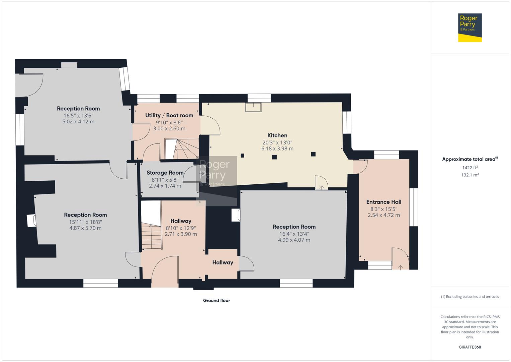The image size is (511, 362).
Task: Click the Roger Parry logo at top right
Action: click(x=470, y=27)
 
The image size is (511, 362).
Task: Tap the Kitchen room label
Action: click(x=277, y=135)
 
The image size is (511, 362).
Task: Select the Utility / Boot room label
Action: click(x=169, y=115)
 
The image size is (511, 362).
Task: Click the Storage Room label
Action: click(x=165, y=173)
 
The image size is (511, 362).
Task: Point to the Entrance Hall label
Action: click(x=384, y=202)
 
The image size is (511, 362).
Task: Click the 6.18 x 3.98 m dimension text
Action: click(x=277, y=148)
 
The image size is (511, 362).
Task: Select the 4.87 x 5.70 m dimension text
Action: click(x=85, y=228)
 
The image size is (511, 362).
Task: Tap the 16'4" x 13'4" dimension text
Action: click(x=294, y=234)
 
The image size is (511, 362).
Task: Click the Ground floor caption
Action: click(x=216, y=301)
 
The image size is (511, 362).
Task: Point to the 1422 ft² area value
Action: click(x=470, y=168)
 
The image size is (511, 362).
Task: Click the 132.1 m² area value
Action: click(x=470, y=175)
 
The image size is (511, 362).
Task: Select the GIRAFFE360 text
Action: click(x=470, y=347)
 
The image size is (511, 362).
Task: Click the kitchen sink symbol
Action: click(x=253, y=107)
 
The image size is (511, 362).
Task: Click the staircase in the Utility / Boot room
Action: click(x=182, y=149)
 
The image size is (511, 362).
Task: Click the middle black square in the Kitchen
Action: click(x=274, y=157)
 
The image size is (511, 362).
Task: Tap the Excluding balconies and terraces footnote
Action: click(x=470, y=297)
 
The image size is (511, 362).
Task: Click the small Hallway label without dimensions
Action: click(x=223, y=262)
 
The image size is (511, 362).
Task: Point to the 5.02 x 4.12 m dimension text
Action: click(x=78, y=122)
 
